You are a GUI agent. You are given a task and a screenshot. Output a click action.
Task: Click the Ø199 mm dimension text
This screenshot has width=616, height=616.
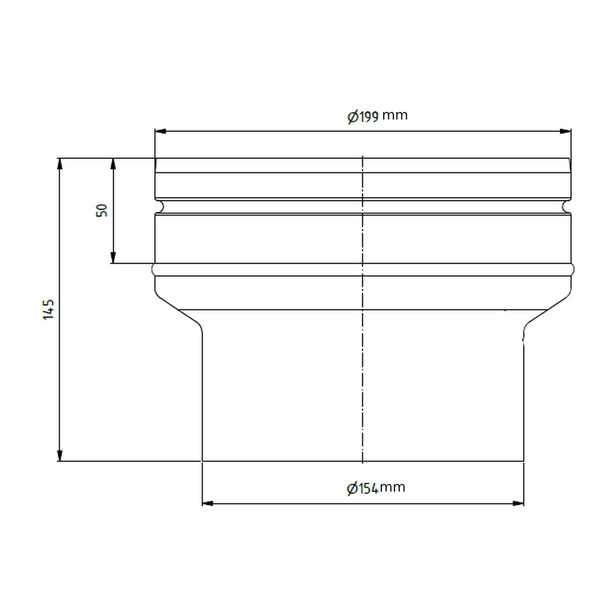coord(377,116)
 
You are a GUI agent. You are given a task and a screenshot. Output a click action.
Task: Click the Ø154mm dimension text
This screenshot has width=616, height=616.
coord(376,488)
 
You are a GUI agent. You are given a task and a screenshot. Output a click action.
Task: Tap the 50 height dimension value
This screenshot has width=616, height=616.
coord(102,210)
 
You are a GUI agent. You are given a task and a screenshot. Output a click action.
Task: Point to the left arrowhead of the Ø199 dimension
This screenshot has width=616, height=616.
coord(160,131)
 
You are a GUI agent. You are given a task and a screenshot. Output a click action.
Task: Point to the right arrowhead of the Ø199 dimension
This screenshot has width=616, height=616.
coord(565,131)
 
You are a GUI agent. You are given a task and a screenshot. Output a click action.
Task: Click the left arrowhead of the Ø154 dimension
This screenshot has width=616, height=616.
coord(208,503)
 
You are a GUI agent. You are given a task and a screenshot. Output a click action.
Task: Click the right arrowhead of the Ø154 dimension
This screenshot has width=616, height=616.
coord(519,503)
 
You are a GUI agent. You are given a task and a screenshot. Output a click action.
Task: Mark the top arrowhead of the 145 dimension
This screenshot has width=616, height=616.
coord(60,163)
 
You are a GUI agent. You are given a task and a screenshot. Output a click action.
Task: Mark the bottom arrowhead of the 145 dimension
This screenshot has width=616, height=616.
coord(60,455)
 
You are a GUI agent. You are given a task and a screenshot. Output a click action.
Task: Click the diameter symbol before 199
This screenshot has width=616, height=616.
coord(353,117)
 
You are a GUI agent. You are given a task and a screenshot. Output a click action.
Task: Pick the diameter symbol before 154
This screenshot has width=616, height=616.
coord(352,489)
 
